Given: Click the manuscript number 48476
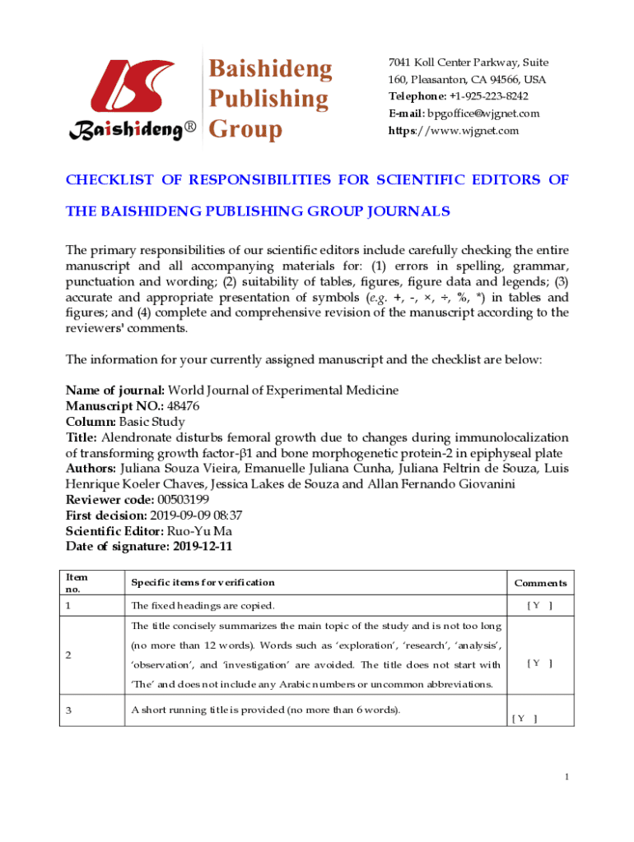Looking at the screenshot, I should [183, 406].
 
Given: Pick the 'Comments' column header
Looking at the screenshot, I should [540, 583].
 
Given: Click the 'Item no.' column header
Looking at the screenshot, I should [77, 583].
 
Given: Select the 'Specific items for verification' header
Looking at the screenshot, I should [203, 583].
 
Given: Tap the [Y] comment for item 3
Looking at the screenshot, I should [524, 718].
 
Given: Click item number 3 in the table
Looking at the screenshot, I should [69, 710].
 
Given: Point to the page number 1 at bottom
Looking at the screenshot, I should [567, 777].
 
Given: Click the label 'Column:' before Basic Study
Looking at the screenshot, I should [89, 422].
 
